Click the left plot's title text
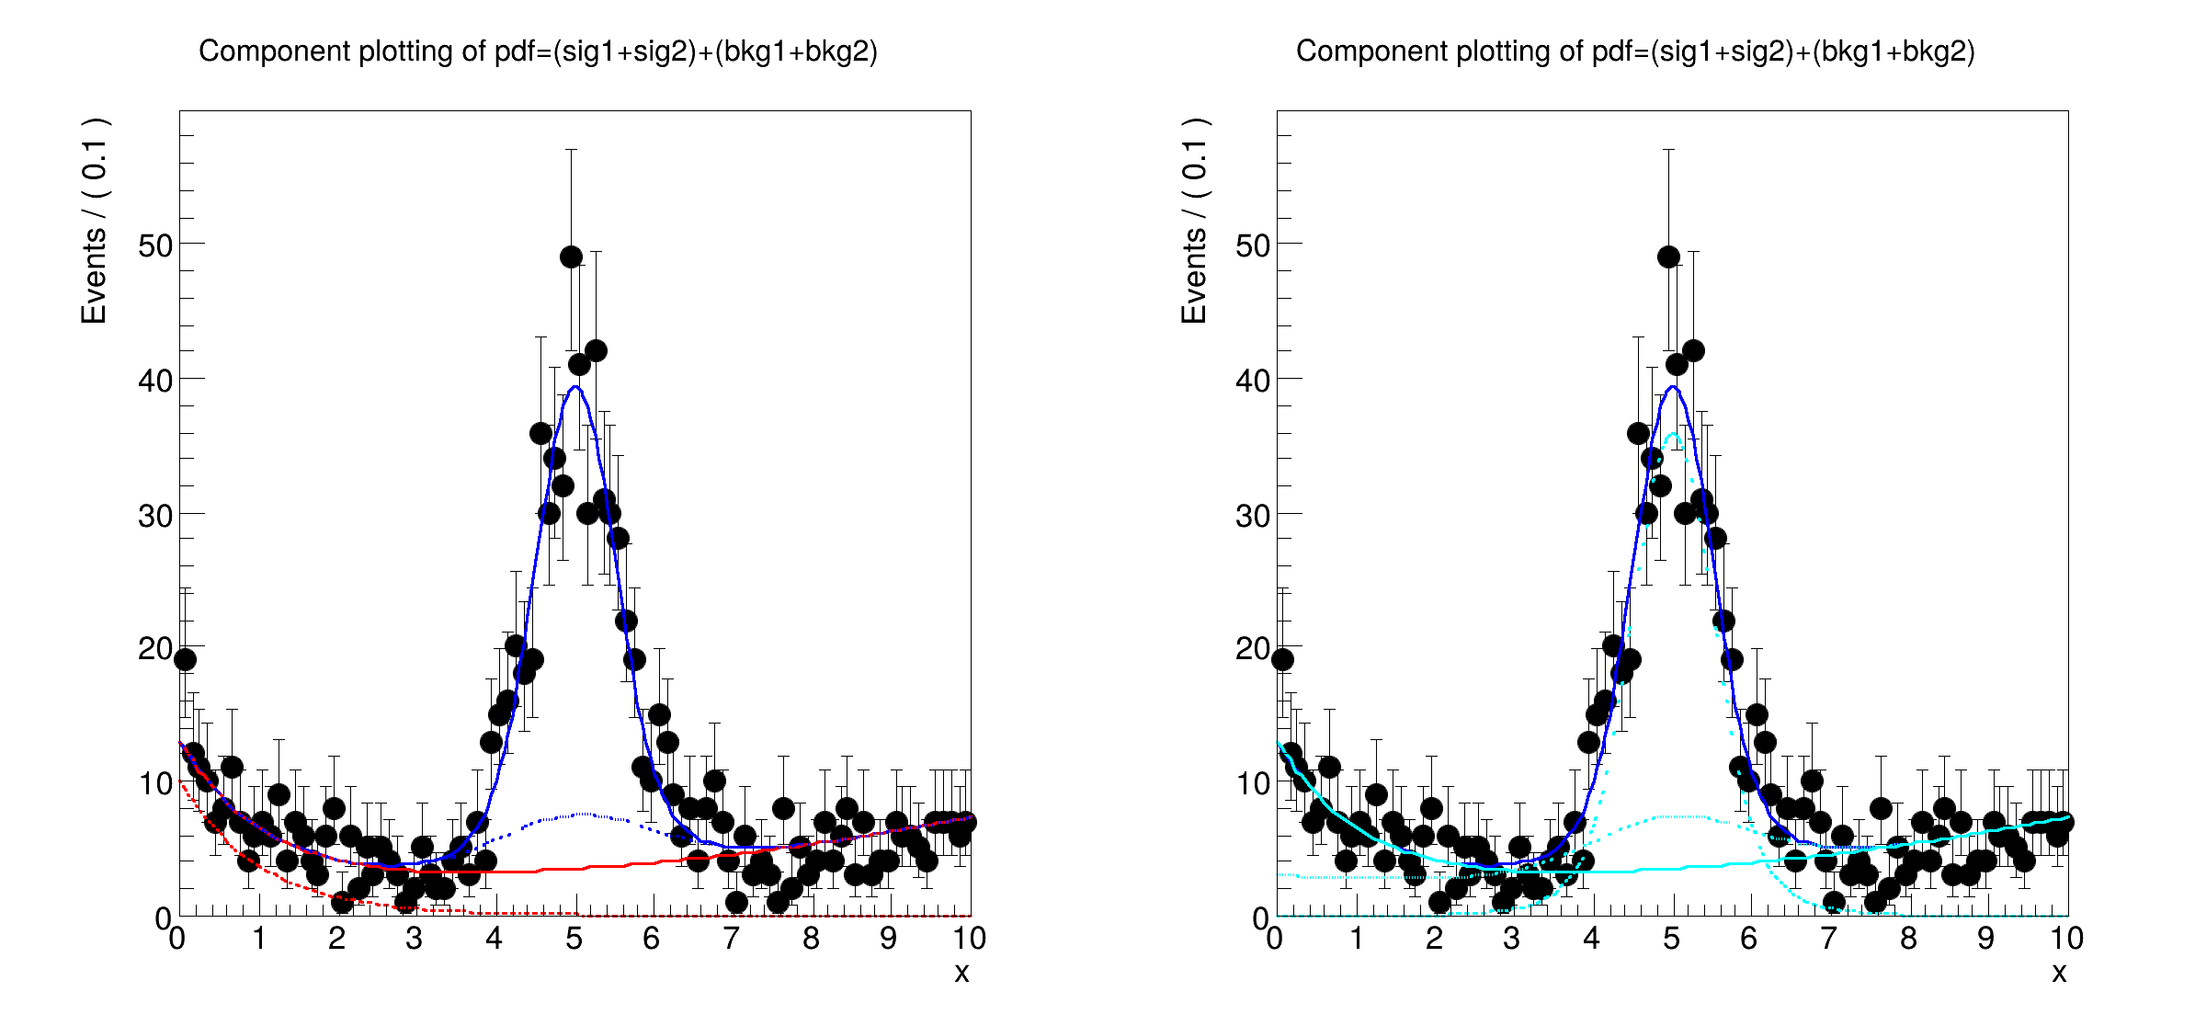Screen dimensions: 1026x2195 (538, 51)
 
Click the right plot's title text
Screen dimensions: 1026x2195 (1635, 51)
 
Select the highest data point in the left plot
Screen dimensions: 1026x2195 (571, 256)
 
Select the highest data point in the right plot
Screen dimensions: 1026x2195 (1668, 256)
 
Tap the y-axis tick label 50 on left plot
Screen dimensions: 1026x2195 (155, 245)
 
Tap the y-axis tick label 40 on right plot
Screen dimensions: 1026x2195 (1253, 380)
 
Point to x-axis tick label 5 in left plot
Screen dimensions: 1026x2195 (574, 939)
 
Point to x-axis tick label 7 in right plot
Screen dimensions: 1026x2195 (1829, 939)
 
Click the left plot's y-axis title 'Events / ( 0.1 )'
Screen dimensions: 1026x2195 (95, 221)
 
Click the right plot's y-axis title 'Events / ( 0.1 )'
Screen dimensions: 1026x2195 (1193, 221)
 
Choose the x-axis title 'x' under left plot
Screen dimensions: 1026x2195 (961, 973)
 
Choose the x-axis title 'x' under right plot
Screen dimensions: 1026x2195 (2059, 973)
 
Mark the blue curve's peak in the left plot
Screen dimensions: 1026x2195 (575, 386)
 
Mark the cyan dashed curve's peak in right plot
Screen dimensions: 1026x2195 (1673, 434)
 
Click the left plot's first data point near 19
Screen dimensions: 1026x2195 (185, 659)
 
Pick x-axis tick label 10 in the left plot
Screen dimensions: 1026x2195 (969, 939)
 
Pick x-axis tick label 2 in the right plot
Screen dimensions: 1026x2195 (1434, 939)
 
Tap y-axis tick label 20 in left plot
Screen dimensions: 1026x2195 (155, 649)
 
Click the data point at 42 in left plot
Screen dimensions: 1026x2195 (596, 350)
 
